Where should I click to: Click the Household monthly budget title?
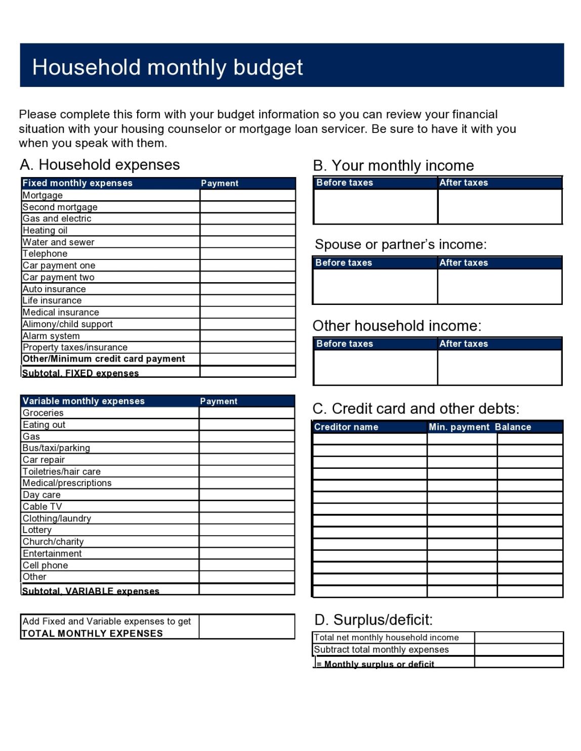[x=168, y=67]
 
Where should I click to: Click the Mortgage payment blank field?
[x=247, y=195]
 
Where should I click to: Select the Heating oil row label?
[x=45, y=231]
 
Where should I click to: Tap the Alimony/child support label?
[x=68, y=324]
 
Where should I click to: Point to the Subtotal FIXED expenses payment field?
[x=247, y=372]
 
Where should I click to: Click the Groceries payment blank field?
[x=246, y=413]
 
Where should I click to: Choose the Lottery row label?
[x=37, y=530]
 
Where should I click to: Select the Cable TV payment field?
[x=246, y=507]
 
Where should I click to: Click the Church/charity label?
[x=53, y=542]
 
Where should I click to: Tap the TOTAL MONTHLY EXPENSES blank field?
[x=246, y=627]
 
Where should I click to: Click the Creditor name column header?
[x=346, y=427]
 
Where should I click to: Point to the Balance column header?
[x=513, y=427]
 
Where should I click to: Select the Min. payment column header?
[x=459, y=427]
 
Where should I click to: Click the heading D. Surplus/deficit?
[x=373, y=620]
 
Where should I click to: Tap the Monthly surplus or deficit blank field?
[x=519, y=662]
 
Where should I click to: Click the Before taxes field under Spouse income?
[x=375, y=286]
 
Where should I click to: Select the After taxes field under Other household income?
[x=500, y=367]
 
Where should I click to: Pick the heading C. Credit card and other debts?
[x=416, y=409]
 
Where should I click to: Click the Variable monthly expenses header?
[x=84, y=401]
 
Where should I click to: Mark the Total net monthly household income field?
[x=519, y=638]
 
